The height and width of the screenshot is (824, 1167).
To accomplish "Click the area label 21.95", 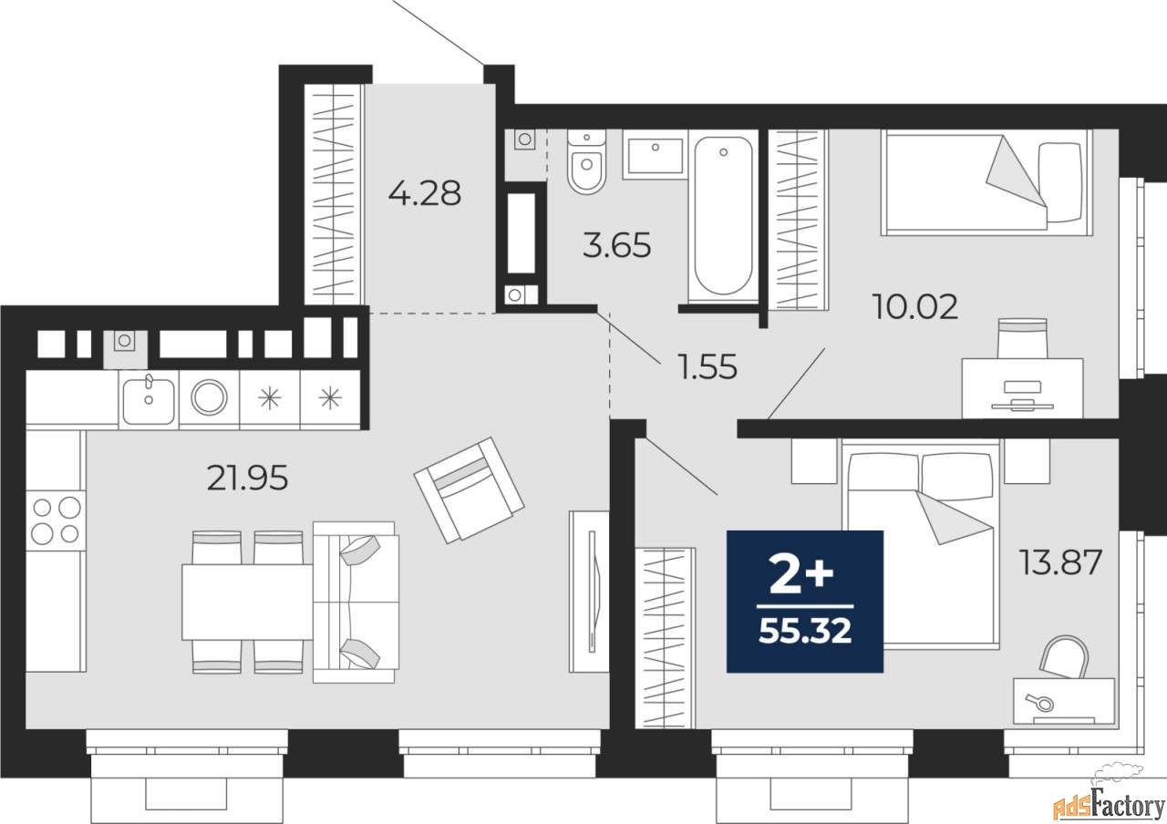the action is tap(247, 478).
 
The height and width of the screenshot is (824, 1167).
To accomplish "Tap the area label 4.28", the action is tap(424, 193).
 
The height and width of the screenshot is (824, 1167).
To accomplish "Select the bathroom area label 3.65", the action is tap(617, 245).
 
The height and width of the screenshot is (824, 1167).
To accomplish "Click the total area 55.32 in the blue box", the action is tap(805, 629).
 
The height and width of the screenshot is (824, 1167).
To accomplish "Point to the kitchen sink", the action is tap(148, 400).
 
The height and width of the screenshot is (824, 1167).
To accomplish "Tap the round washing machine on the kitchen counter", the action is tap(209, 398).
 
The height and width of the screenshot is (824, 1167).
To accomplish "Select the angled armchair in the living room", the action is tap(469, 489).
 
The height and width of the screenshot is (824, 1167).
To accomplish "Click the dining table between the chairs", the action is tap(247, 603).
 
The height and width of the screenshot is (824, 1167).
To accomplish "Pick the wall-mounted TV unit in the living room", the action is tap(589, 591).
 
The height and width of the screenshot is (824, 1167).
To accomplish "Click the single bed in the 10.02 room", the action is tap(985, 181).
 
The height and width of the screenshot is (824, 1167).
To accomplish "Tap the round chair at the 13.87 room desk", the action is tap(1063, 659).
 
